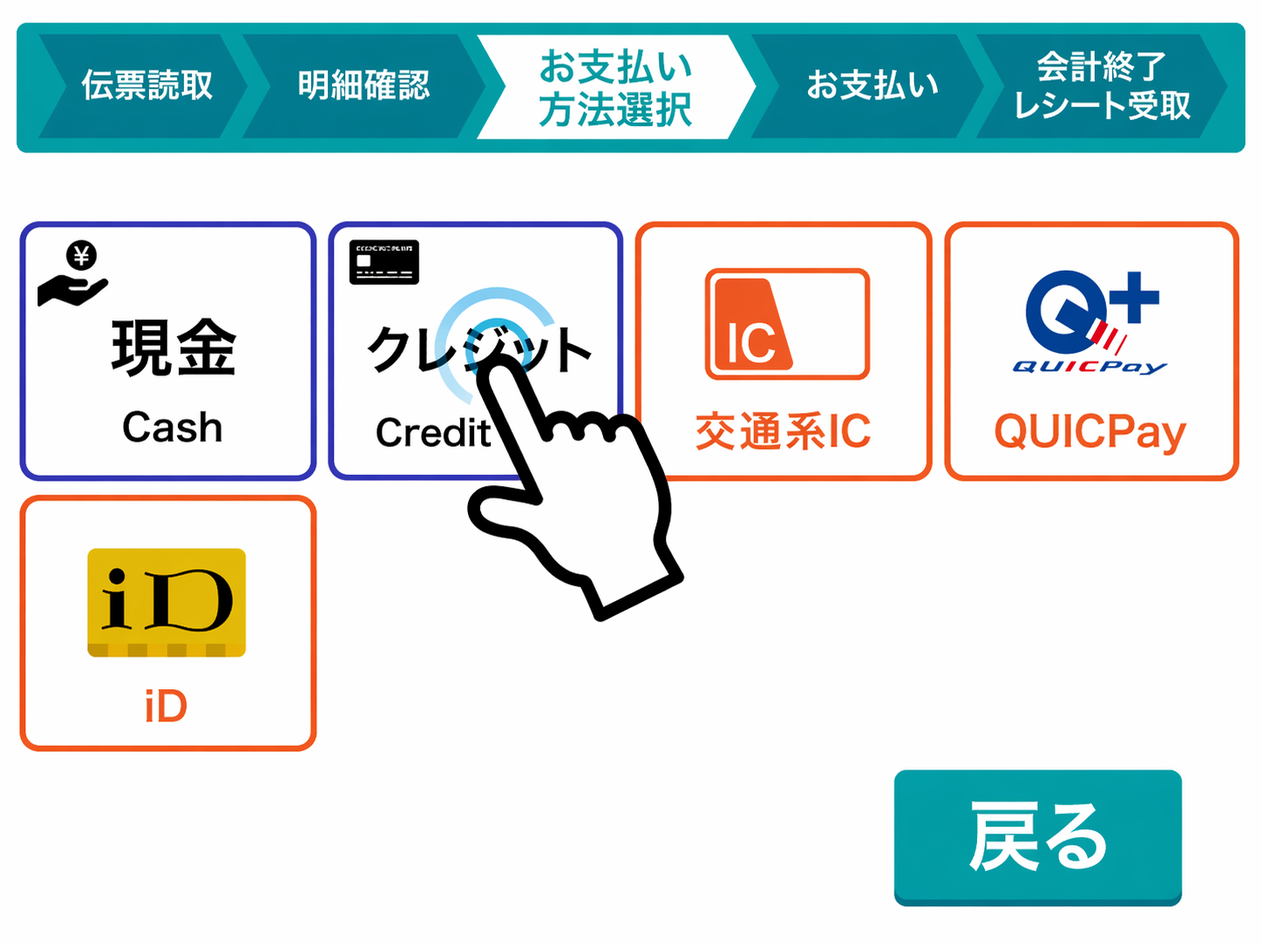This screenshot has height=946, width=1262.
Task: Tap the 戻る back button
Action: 1037,836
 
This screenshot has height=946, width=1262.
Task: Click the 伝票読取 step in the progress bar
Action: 146,85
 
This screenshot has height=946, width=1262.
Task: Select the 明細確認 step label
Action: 363,85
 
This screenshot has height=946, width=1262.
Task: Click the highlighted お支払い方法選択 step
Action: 615,87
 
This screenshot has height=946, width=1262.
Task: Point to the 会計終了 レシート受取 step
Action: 1102,85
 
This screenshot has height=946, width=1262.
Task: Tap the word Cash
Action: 173,428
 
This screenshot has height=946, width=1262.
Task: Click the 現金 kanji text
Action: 173,348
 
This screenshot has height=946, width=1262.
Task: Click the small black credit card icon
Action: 384,261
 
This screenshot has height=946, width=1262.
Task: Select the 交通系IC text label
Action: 783,432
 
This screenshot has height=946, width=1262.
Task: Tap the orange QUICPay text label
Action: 1090,432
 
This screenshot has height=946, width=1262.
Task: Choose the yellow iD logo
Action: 166,602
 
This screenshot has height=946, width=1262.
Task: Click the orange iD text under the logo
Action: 166,706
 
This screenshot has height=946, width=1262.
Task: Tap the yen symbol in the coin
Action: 83,256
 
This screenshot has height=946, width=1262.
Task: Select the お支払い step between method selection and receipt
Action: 872,85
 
